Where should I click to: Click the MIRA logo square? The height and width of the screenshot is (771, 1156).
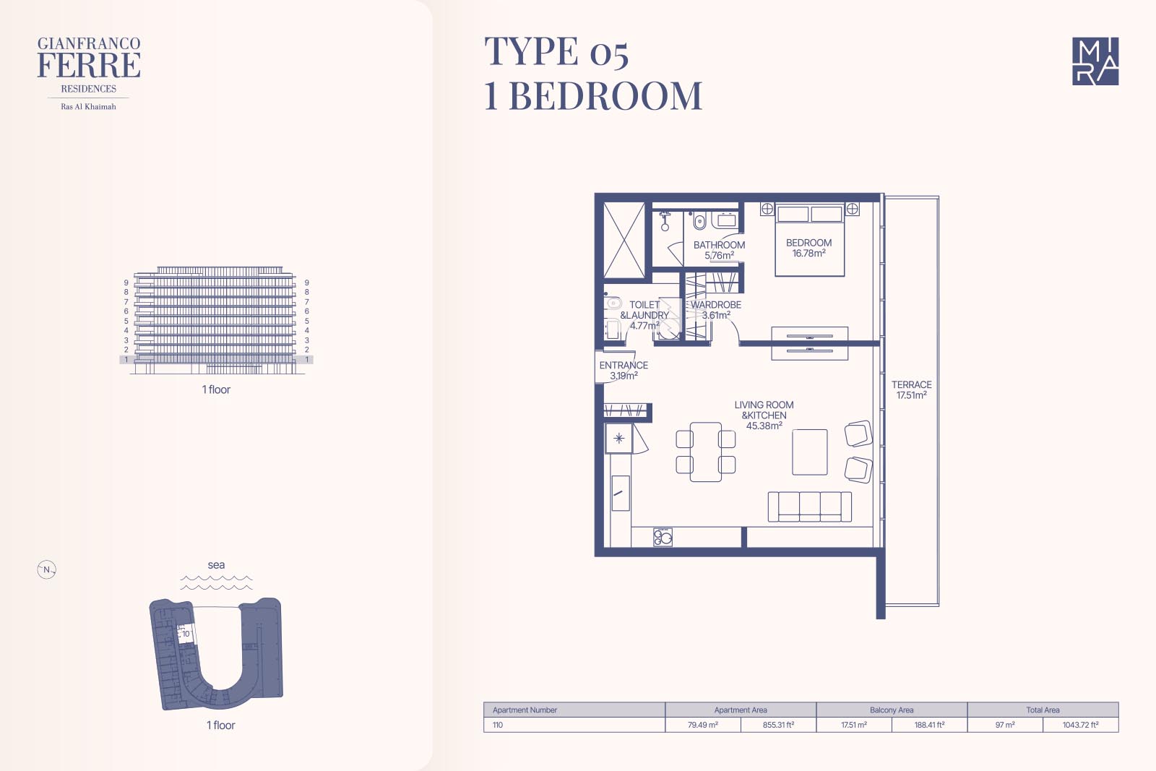pos(1095,61)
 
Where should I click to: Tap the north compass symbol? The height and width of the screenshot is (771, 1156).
pos(46,569)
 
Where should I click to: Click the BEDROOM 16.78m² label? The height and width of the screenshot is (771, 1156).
pos(808,248)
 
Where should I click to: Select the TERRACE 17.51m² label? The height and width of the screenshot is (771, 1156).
pos(911,389)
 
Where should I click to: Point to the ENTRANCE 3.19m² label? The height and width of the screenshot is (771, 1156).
pos(624,370)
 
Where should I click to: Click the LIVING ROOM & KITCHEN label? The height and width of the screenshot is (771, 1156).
pos(764,415)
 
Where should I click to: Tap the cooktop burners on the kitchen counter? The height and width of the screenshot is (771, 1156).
pos(663,537)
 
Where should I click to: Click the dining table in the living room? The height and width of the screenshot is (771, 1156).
pos(705,452)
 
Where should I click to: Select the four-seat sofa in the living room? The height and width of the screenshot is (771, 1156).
pos(809,507)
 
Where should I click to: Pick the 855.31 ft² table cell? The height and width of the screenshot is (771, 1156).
pos(778,725)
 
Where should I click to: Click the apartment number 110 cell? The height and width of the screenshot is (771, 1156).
pos(574,725)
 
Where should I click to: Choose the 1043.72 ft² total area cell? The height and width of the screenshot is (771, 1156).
pos(1081,725)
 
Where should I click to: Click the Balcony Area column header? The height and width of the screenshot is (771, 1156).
pos(892,710)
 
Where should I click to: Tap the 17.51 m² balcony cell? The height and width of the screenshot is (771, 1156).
pos(853,725)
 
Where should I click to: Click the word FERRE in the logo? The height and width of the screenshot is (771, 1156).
pos(89,65)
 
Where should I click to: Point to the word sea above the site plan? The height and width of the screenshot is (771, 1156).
pos(216,564)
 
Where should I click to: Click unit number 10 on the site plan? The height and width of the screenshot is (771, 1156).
pos(186,634)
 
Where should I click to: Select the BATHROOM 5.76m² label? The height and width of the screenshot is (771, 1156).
pos(719,250)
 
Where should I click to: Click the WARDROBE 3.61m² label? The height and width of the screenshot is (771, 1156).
pos(716,310)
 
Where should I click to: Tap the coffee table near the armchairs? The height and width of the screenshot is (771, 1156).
pos(810,452)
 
